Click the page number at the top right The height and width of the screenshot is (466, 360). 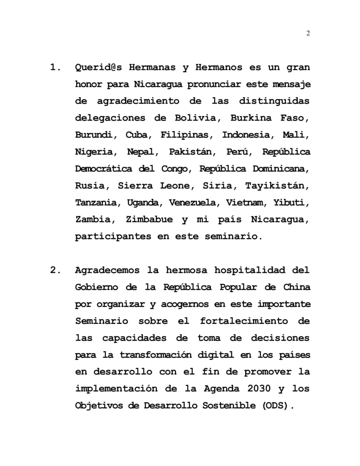coord(308,34)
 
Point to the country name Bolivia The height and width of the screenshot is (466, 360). coord(195,118)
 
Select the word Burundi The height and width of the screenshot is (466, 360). coord(93,135)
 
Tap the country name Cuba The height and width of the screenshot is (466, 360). coord(137,135)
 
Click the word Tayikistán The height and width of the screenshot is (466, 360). coord(277,186)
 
